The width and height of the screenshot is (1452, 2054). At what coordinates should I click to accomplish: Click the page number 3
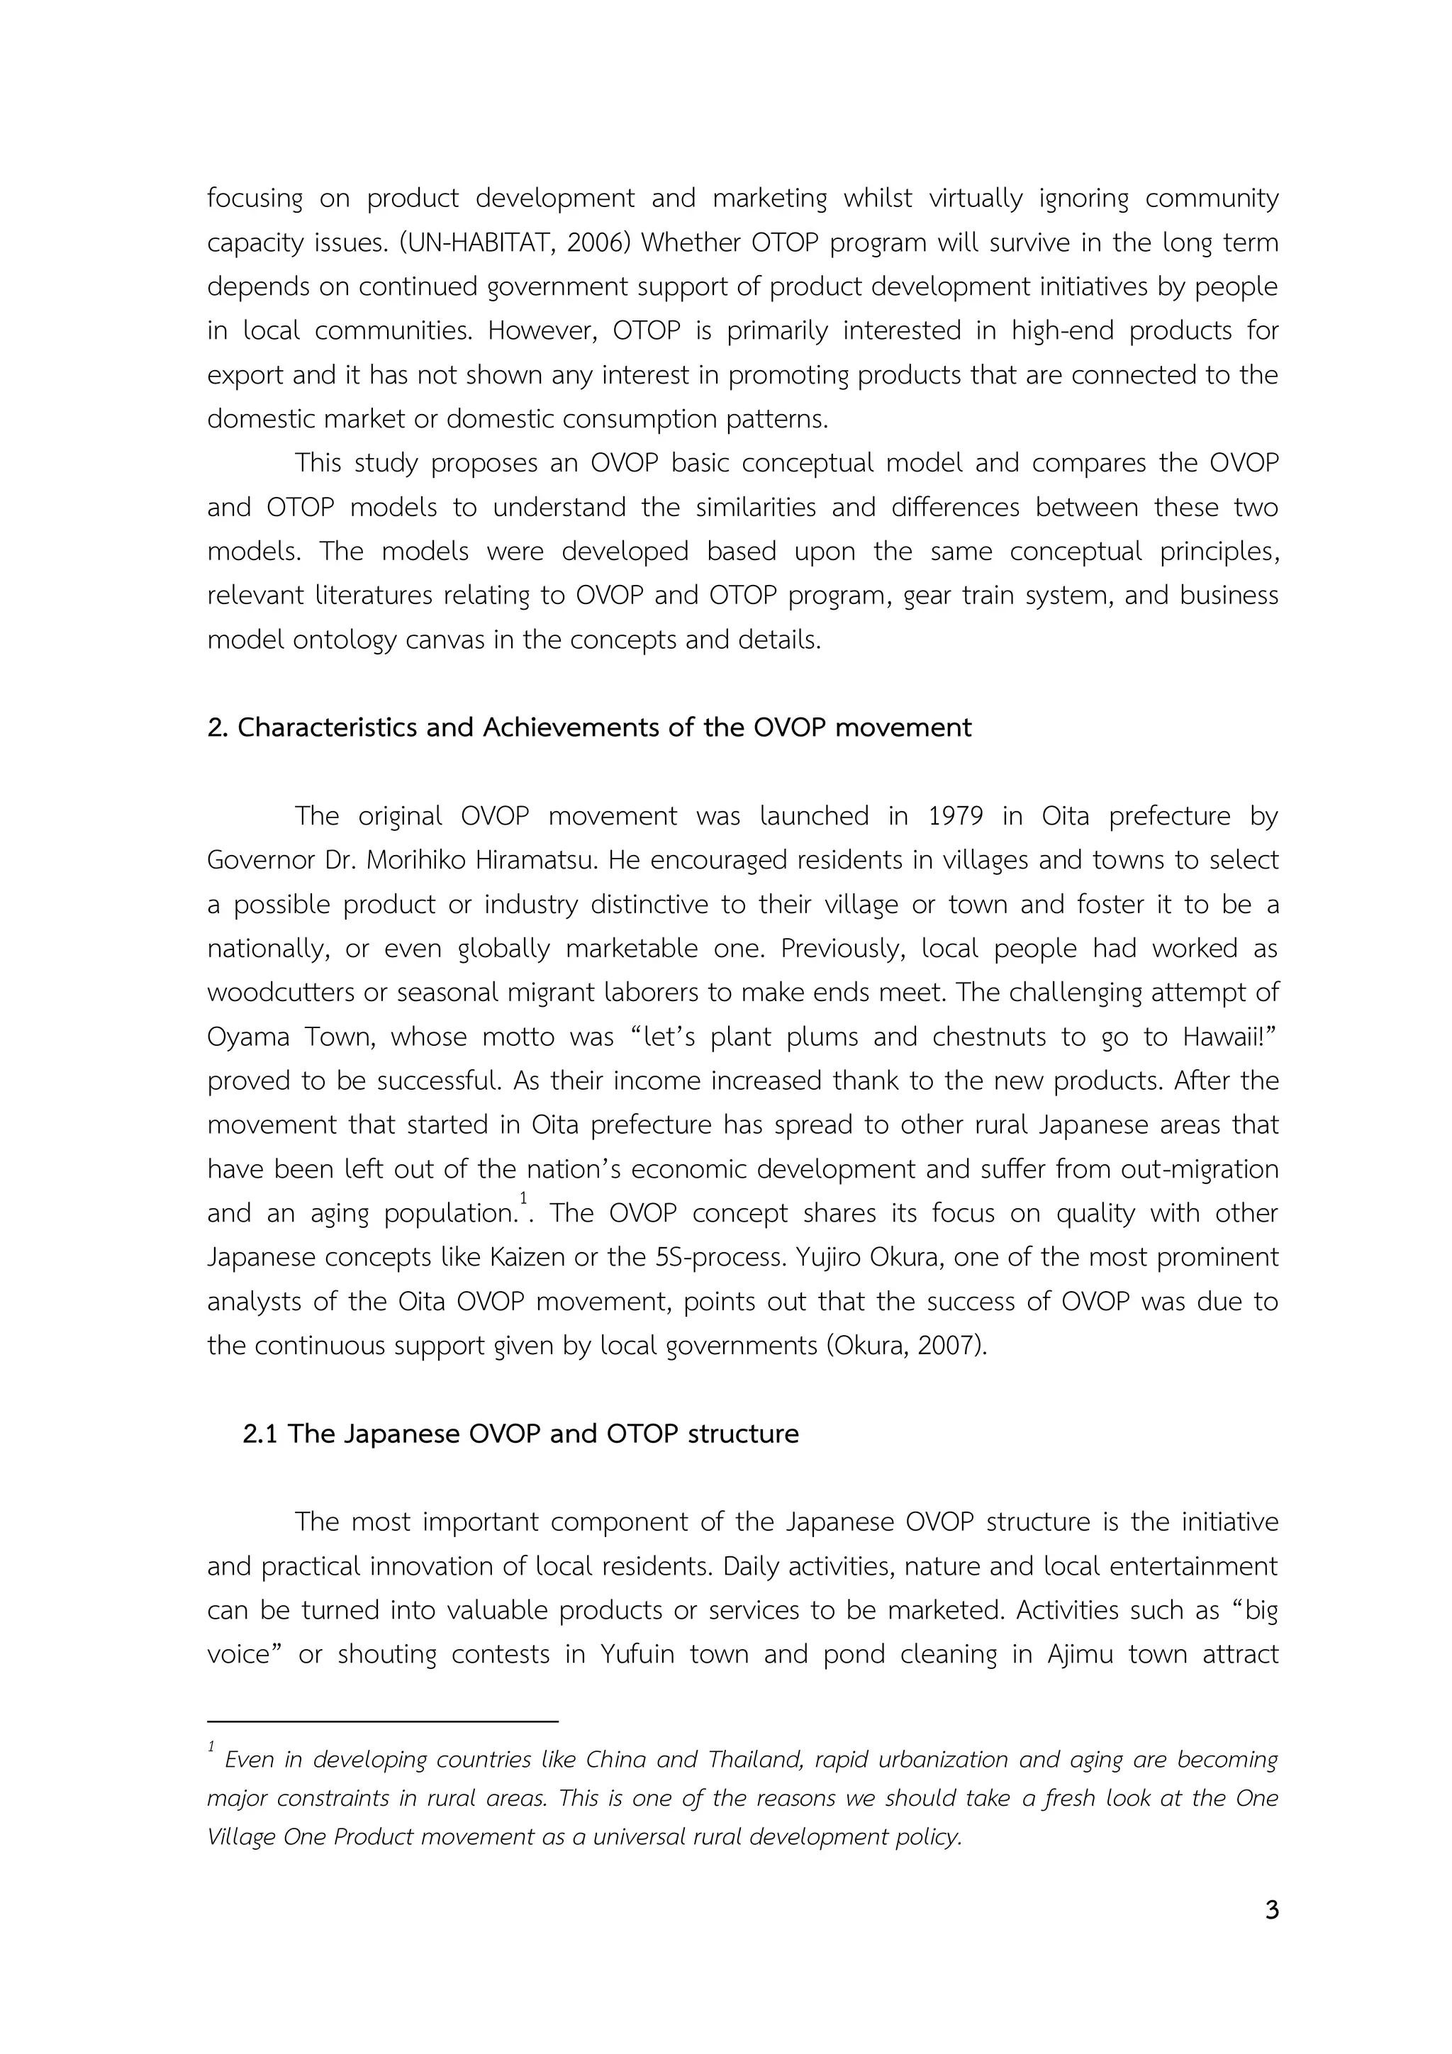tap(1271, 1910)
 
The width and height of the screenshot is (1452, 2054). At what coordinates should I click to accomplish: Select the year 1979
tap(954, 816)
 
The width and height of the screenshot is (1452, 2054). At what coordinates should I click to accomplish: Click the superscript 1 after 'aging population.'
tap(523, 1198)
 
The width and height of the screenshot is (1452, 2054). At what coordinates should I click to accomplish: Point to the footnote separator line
tap(382, 1720)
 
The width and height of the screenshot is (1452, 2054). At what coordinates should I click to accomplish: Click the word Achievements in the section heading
tap(571, 727)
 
